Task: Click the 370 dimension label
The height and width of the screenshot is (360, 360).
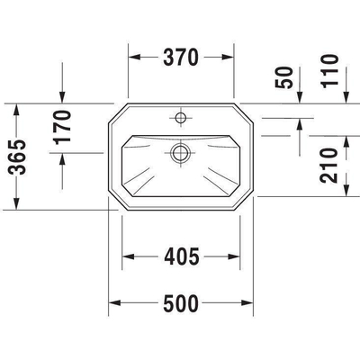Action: [182, 58]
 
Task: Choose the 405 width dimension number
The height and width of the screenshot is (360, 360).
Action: [182, 257]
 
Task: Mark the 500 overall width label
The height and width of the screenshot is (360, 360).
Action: [181, 303]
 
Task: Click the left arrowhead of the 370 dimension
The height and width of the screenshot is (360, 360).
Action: [136, 58]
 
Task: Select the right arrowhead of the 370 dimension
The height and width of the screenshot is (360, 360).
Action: [228, 58]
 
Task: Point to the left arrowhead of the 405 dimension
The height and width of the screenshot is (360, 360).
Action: [129, 257]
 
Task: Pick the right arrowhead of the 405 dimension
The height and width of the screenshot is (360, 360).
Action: [236, 257]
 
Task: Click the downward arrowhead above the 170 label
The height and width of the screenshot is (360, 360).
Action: [61, 99]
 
